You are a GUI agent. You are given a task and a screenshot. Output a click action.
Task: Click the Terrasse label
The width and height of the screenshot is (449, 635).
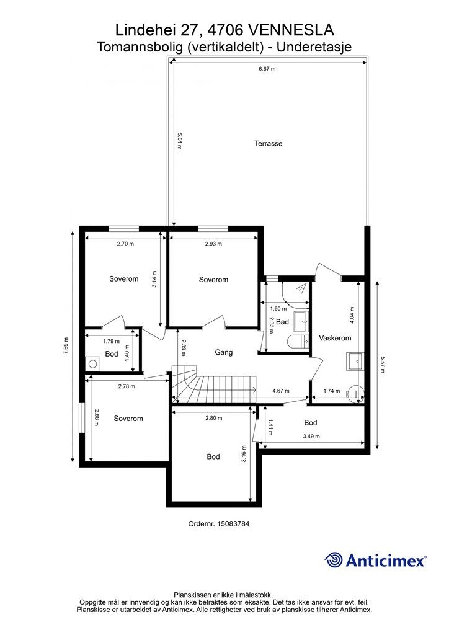coord(269,143)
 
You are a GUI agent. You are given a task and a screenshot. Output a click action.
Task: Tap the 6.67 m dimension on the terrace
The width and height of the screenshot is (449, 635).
coord(267,69)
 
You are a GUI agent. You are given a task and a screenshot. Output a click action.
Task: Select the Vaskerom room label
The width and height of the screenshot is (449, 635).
coord(335,338)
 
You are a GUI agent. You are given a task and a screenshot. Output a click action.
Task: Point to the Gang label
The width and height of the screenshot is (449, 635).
coord(223,352)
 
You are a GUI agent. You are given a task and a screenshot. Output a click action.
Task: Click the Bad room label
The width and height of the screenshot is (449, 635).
coord(283,322)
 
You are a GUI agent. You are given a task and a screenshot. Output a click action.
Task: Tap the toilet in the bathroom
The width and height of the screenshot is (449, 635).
coord(298,342)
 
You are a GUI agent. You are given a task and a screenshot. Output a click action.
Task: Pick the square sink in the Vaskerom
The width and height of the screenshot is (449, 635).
coord(355,362)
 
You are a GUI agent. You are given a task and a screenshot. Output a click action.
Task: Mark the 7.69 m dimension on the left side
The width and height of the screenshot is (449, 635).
coord(66,345)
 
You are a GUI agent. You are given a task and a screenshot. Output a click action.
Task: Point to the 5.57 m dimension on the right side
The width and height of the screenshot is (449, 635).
coord(383,365)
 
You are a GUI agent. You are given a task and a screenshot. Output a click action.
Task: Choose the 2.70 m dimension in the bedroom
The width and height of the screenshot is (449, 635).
coord(125,244)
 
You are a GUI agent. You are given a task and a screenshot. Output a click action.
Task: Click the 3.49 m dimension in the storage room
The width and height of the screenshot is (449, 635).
coord(311,436)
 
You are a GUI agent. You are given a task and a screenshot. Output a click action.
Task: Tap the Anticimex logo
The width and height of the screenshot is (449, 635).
coord(375,561)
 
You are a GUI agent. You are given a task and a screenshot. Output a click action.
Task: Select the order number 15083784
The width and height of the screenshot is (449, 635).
coord(219,523)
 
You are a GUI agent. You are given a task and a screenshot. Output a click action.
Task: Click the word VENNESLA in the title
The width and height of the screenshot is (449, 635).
coord(290,30)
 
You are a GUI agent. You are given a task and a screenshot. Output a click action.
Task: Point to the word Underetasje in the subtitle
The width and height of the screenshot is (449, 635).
coord(314,47)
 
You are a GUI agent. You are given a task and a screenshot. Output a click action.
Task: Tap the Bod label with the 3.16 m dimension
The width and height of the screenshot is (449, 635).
coord(213,456)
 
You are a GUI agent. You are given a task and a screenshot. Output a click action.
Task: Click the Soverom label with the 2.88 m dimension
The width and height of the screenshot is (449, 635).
coord(128,419)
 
